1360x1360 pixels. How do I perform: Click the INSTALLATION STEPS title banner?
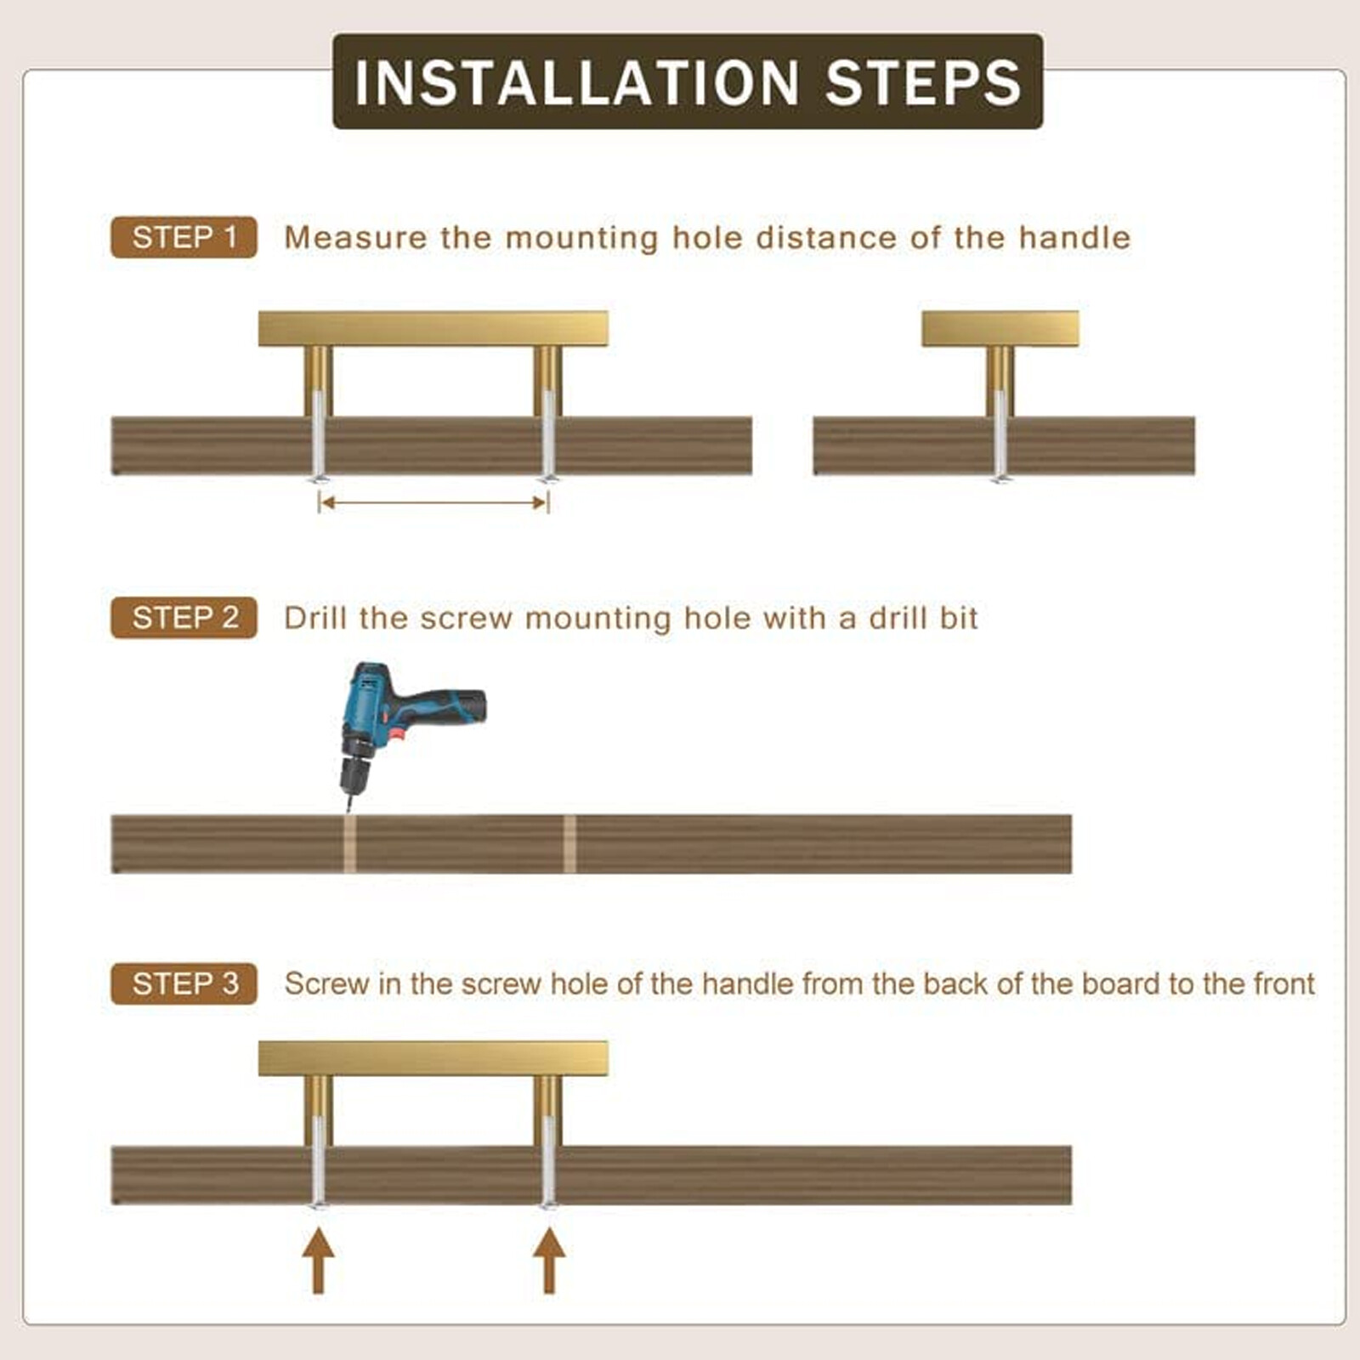pos(688,82)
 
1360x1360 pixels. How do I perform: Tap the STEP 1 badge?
pos(184,237)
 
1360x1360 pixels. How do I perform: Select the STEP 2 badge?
pos(184,618)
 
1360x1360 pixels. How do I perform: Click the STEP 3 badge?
pos(184,984)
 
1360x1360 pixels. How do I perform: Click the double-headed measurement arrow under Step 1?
pos(433,503)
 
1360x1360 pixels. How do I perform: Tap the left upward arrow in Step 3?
pos(318,1260)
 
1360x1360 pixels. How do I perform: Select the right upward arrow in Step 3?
pos(549,1260)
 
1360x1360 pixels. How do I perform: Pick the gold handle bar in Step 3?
pos(433,1059)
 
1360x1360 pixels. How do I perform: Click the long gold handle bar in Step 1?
pos(433,329)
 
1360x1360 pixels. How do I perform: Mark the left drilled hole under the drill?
pos(349,844)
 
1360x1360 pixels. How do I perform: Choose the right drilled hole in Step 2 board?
pos(569,844)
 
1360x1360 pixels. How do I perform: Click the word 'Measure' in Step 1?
pos(355,238)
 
